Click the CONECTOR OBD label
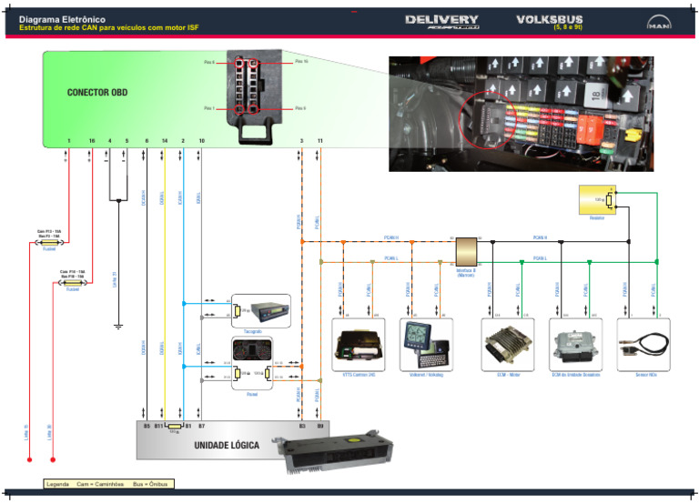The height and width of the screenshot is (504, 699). (96, 93)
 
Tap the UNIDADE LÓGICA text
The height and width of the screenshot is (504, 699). (226, 446)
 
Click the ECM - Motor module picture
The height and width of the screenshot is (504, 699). (501, 343)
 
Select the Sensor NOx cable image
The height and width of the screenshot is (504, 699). (642, 345)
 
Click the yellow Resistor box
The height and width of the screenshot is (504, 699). (596, 199)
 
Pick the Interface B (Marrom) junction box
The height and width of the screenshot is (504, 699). (467, 251)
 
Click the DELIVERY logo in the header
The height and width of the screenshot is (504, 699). (441, 22)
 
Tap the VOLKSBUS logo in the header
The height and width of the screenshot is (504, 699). (550, 20)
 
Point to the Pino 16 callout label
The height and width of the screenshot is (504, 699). (301, 62)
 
